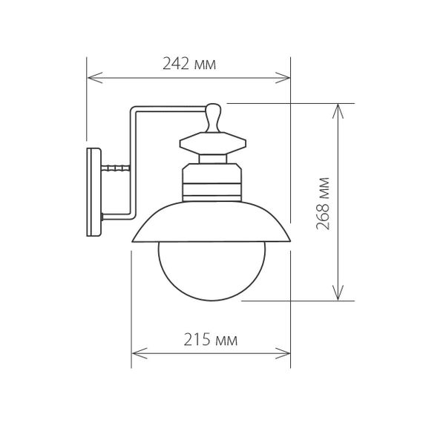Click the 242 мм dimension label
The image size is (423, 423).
tap(189, 64)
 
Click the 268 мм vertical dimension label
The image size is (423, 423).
tap(322, 202)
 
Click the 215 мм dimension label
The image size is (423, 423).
tap(210, 341)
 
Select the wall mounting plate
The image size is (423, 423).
tap(94, 192)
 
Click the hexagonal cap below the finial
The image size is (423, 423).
tap(211, 142)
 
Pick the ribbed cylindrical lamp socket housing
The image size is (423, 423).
tap(211, 183)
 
